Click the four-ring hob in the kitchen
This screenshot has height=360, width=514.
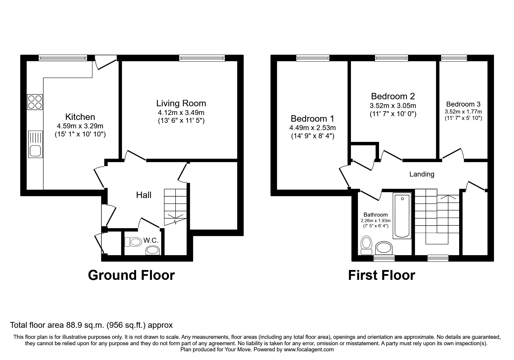tap(35, 102)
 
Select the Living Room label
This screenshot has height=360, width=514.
tap(181, 103)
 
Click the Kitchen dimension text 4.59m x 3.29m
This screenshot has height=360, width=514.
tap(80, 126)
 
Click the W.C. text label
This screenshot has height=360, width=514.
tap(151, 240)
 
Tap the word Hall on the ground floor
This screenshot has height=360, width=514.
tap(144, 195)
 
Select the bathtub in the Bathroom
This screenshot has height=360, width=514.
tap(402, 215)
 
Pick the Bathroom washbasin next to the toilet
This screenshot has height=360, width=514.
tap(384, 249)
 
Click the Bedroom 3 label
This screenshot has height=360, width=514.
tap(463, 104)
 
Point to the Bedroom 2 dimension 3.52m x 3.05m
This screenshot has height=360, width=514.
tap(393, 106)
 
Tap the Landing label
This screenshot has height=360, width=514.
tap(422, 174)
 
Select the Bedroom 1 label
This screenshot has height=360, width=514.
tap(312, 119)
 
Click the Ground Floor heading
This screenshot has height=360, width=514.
tap(131, 275)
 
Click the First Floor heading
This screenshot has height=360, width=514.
tap(381, 275)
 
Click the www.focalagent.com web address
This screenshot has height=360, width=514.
tap(309, 350)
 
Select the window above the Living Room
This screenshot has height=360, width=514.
tap(202, 58)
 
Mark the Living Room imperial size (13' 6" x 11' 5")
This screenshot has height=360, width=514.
tap(181, 121)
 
